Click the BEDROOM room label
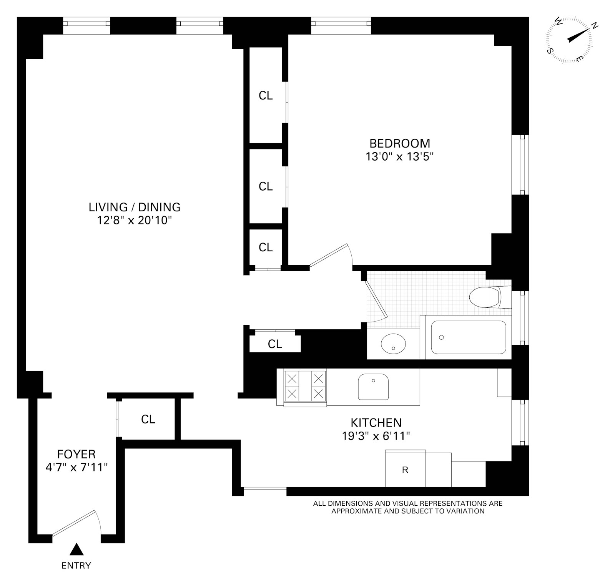400,143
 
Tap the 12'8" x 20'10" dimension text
134,221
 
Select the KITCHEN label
376,423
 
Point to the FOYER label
76,454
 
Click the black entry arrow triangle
76,549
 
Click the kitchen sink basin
373,387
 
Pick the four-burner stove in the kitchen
305,387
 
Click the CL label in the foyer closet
148,419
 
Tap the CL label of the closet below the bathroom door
275,344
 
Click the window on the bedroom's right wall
522,165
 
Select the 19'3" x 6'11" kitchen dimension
376,436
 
